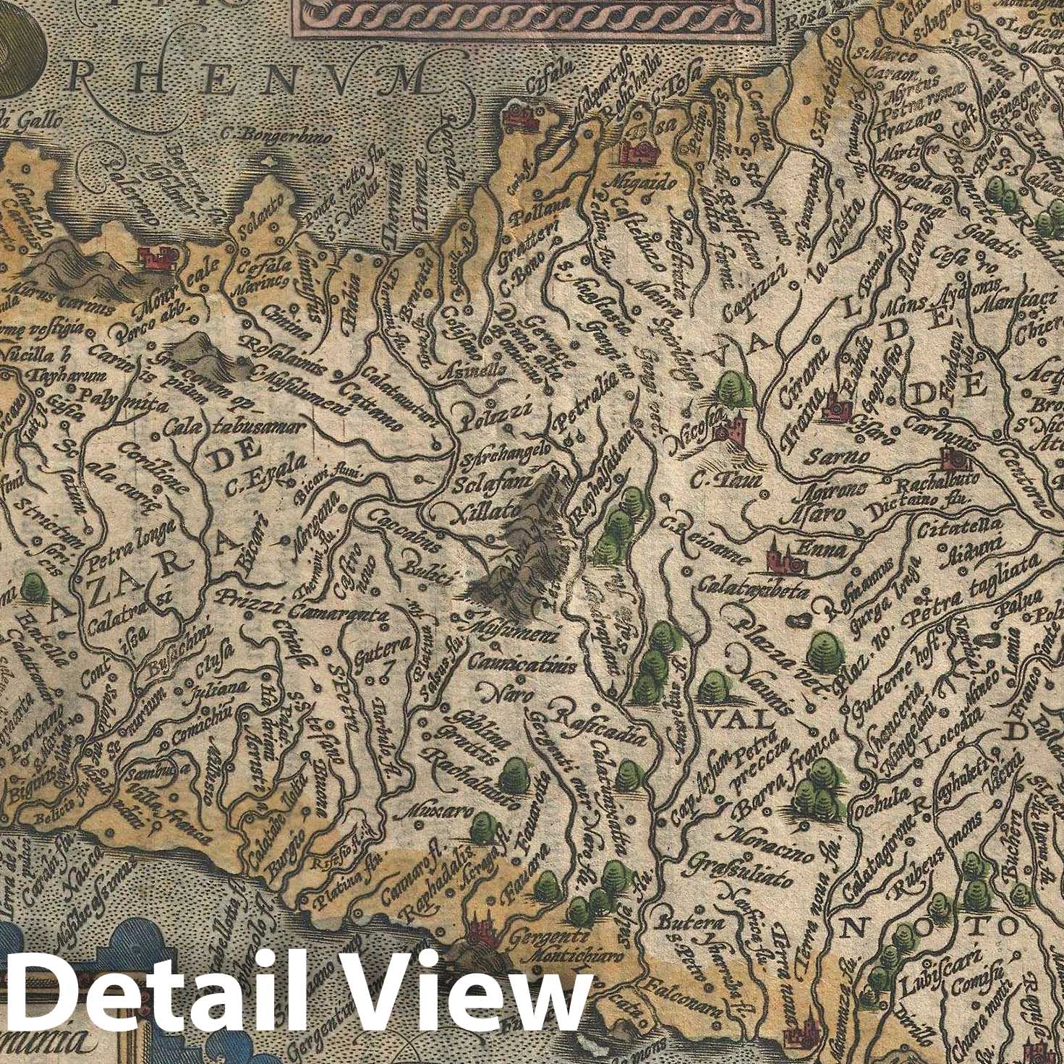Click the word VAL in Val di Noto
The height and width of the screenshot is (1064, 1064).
click(725, 720)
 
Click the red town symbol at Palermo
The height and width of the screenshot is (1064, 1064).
click(156, 258)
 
